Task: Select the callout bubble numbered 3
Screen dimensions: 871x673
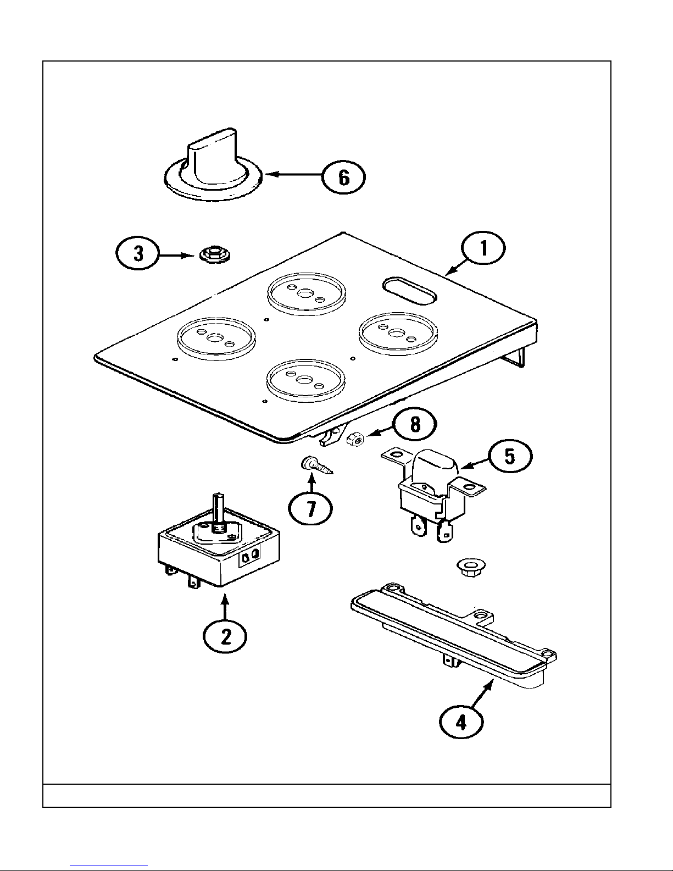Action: coord(138,255)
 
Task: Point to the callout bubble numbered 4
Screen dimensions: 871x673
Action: coord(461,722)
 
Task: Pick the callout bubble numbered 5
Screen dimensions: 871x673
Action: coord(510,457)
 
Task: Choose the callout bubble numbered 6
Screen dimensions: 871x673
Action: coord(343,177)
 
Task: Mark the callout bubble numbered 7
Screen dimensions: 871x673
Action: coord(311,509)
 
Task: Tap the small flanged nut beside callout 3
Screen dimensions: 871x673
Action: coord(210,254)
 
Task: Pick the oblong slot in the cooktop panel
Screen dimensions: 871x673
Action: coord(409,289)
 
